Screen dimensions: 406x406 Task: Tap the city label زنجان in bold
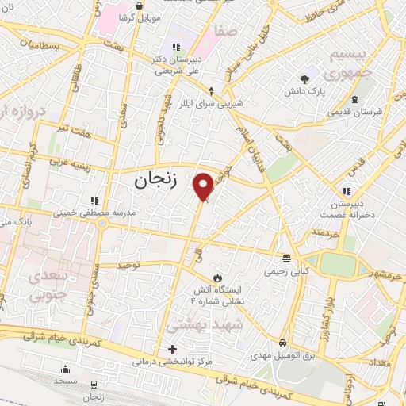click(x=148, y=180)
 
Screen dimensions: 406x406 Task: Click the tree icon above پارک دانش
click(x=304, y=79)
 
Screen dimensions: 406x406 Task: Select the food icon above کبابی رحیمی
click(x=285, y=259)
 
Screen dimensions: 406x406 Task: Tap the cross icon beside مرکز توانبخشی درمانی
click(x=172, y=349)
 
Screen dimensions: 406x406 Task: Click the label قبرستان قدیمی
click(x=356, y=111)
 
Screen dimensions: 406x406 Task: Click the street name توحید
click(x=128, y=265)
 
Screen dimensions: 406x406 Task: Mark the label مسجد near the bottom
click(x=66, y=381)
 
